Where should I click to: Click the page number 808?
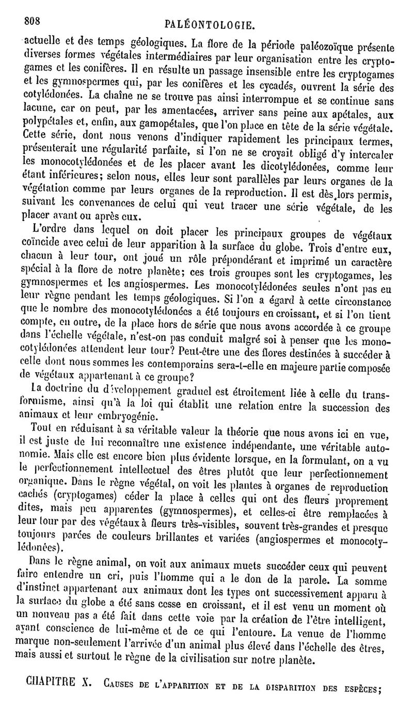point(33,21)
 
